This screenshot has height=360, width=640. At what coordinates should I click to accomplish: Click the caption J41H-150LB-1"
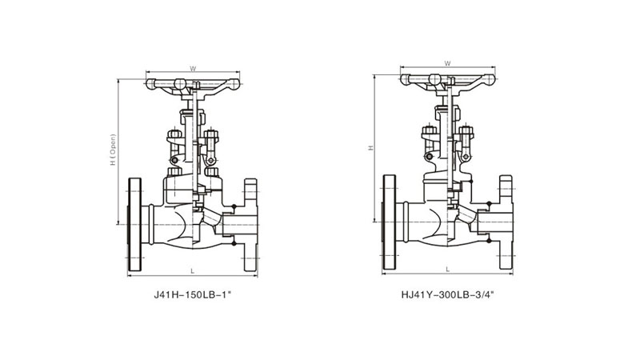click(193, 294)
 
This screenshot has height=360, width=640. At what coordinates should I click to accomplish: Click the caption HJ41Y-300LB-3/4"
click(447, 294)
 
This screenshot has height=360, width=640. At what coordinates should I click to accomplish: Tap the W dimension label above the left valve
click(193, 69)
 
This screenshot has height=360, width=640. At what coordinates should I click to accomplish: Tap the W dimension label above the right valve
click(447, 63)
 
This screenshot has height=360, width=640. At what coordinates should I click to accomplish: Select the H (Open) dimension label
click(113, 150)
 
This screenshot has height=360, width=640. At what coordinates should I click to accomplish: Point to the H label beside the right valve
click(371, 148)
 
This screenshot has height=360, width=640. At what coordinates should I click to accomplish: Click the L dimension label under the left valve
click(193, 271)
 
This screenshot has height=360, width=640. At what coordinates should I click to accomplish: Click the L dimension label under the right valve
click(448, 269)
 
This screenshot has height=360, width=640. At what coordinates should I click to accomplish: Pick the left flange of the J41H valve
click(134, 225)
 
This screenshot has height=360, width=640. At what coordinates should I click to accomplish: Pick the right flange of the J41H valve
click(250, 225)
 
